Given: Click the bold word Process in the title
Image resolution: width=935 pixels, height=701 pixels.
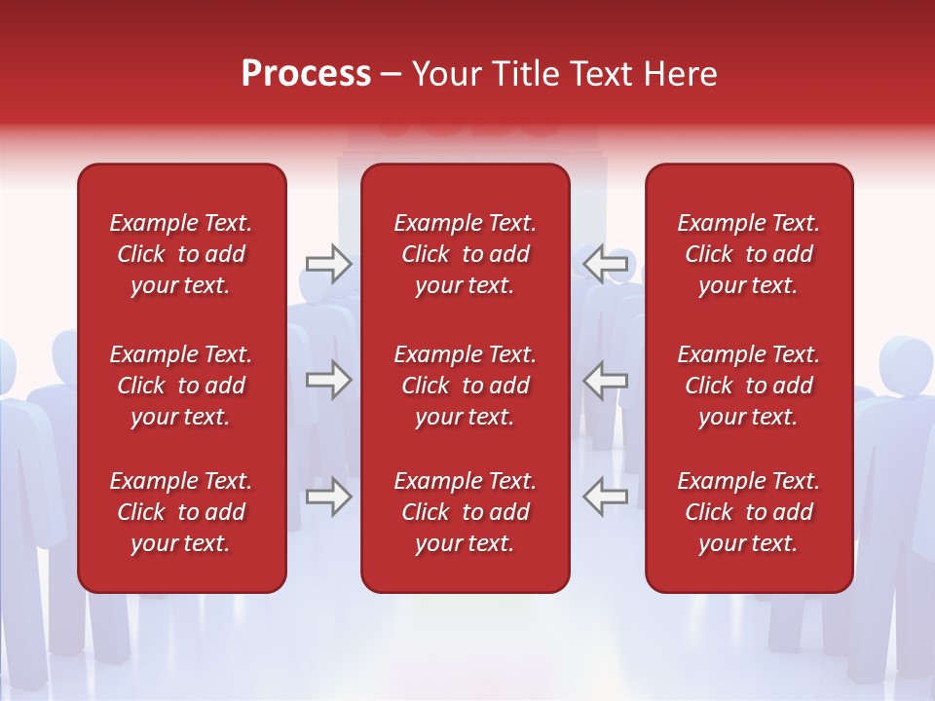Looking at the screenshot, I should (x=306, y=74).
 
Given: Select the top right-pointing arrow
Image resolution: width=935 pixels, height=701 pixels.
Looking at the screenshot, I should (x=328, y=263).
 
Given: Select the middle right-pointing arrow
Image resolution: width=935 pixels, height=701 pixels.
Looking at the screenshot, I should (x=328, y=380).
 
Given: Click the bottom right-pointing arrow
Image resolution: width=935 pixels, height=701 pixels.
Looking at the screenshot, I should (x=328, y=497).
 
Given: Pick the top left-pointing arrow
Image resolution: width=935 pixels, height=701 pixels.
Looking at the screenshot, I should (x=606, y=263).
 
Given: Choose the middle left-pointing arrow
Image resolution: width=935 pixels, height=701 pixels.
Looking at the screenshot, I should (x=606, y=380).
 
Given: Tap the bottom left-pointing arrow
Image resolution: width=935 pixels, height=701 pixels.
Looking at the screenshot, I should (x=606, y=497).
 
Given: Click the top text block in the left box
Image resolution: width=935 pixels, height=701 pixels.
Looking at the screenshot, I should (x=181, y=254).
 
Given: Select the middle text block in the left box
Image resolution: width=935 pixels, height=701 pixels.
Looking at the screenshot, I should (x=181, y=386).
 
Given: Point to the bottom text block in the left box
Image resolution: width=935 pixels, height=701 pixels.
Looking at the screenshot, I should (x=181, y=512).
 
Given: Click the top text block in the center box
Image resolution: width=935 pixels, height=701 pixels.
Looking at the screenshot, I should (x=466, y=254).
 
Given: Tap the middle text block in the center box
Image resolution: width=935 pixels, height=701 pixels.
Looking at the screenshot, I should (x=466, y=386).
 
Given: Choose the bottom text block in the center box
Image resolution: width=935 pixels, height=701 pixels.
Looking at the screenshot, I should (x=466, y=512).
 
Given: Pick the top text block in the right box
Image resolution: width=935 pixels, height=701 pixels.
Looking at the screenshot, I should (x=749, y=254).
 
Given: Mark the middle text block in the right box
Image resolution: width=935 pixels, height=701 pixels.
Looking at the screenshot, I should (x=749, y=386).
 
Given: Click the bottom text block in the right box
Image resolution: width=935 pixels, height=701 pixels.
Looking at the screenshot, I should (x=749, y=512).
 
